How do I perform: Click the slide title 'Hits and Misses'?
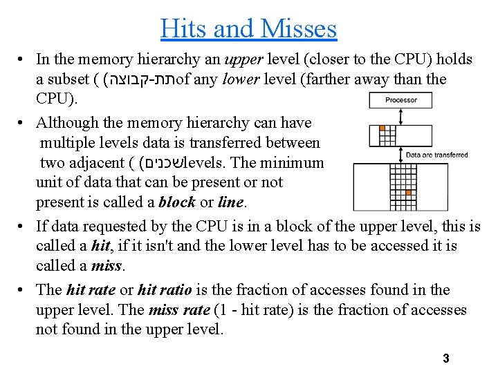248,28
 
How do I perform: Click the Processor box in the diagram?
400,101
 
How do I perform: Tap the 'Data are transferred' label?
436,155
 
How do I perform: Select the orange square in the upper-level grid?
380,128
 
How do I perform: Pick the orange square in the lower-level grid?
409,193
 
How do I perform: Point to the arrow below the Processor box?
400,116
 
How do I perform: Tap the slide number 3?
446,358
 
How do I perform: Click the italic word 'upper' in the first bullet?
243,59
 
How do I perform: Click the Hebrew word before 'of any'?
138,80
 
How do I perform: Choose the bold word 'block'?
177,203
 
